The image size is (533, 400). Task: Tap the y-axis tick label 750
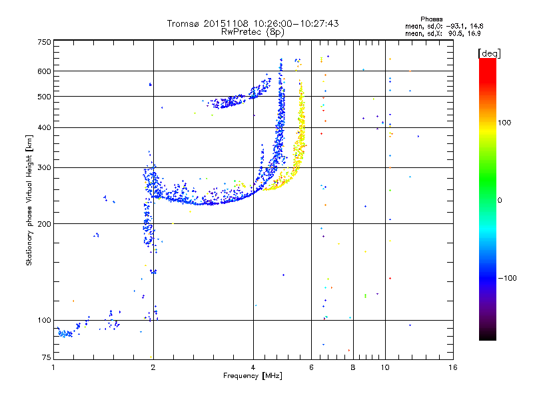point(44,42)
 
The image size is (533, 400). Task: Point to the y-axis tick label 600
point(44,71)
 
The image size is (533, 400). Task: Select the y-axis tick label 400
point(44,127)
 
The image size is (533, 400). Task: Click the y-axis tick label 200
point(44,224)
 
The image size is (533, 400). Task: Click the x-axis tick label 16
point(452,367)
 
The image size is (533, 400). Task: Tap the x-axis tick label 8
point(353,367)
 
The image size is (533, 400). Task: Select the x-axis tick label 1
point(53,367)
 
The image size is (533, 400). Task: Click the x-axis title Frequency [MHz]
point(253,377)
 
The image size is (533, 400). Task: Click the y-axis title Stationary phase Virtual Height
point(29,200)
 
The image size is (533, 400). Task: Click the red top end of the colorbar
point(488,61)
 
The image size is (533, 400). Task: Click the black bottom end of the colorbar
point(488,337)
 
